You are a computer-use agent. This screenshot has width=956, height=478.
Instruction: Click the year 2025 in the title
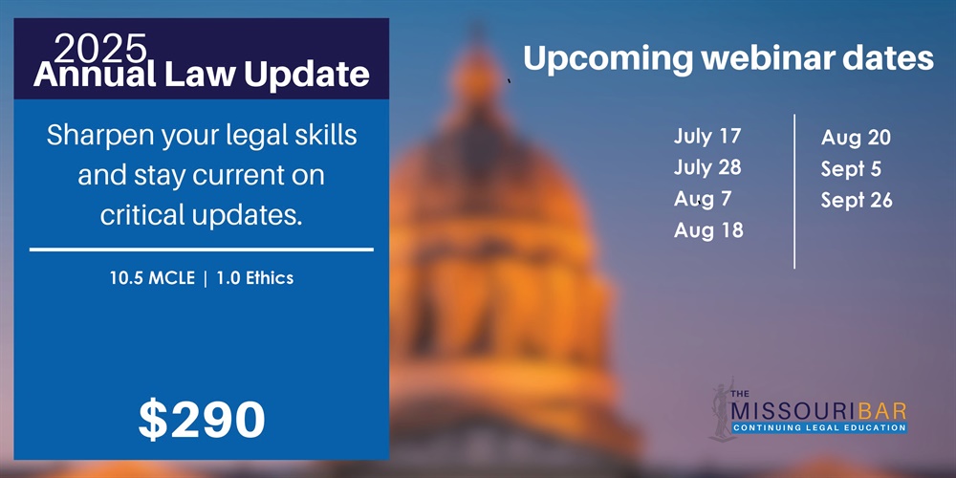[x=100, y=48]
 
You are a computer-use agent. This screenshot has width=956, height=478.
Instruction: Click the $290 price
[x=201, y=420]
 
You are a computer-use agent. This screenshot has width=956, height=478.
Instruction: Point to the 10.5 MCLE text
[x=152, y=278]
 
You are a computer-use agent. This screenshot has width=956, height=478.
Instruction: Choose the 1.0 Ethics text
[x=255, y=278]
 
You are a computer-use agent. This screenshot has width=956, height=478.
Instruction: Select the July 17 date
[x=707, y=137]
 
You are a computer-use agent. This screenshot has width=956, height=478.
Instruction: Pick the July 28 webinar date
[x=707, y=167]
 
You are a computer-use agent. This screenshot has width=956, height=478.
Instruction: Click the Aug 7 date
[x=703, y=200]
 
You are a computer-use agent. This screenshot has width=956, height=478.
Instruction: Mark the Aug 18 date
[x=708, y=230]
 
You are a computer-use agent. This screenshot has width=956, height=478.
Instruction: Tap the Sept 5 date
[x=851, y=169]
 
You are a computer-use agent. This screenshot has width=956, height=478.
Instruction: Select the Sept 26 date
[x=857, y=201]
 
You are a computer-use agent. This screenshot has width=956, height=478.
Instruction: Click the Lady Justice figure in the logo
[x=723, y=409]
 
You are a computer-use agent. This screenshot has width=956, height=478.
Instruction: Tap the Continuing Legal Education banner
[x=819, y=428]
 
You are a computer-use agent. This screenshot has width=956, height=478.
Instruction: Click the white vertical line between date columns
[x=794, y=191]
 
